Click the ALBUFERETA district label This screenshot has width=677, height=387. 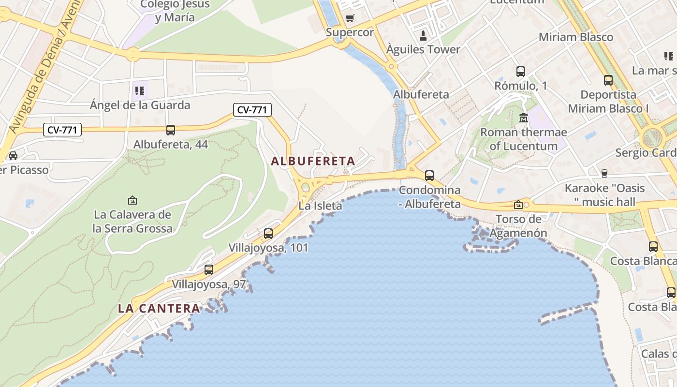[313, 161]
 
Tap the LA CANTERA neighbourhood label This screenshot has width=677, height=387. [159, 308]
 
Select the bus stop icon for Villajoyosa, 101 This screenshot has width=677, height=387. [268, 234]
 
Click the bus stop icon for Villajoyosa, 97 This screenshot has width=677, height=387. [209, 270]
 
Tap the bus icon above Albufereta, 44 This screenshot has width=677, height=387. [171, 130]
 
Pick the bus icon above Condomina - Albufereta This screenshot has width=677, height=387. [429, 176]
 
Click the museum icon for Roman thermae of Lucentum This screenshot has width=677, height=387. [524, 118]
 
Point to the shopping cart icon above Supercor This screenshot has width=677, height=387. [350, 18]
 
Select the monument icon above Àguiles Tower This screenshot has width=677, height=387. [423, 35]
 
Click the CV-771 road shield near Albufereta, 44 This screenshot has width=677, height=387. [62, 130]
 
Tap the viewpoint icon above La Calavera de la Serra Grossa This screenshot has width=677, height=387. [132, 200]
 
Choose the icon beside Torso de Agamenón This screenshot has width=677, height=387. [518, 205]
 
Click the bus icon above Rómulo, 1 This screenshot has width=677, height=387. [521, 72]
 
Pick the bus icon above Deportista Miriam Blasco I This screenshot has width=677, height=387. [608, 80]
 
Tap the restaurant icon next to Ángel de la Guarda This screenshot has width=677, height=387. [140, 90]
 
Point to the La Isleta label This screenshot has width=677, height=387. [320, 206]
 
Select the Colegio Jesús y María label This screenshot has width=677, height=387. [175, 11]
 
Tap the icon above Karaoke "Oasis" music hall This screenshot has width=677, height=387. [604, 173]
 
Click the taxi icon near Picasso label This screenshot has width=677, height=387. [13, 156]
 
